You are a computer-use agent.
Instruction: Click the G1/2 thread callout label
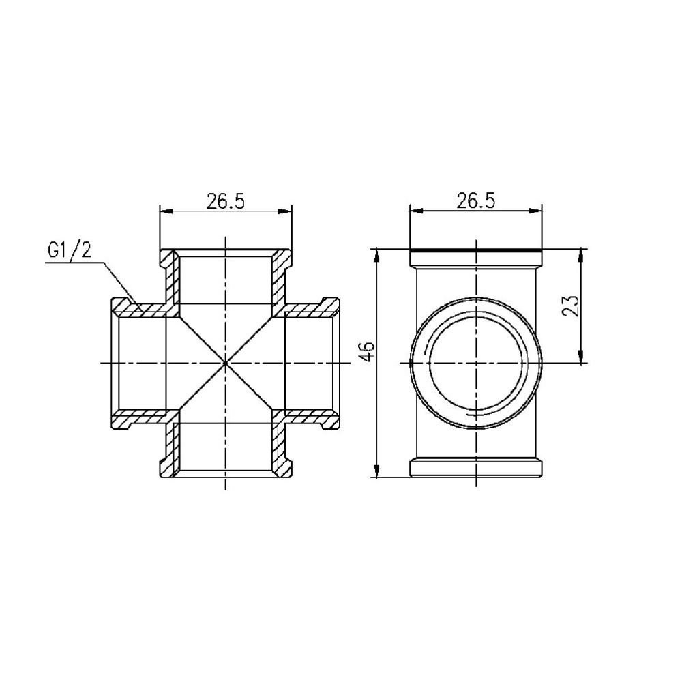(x=69, y=250)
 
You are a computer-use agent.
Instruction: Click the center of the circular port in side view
(x=476, y=363)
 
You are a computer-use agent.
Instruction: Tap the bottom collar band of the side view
(x=476, y=467)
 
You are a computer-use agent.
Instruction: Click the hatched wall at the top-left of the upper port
(x=168, y=266)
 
